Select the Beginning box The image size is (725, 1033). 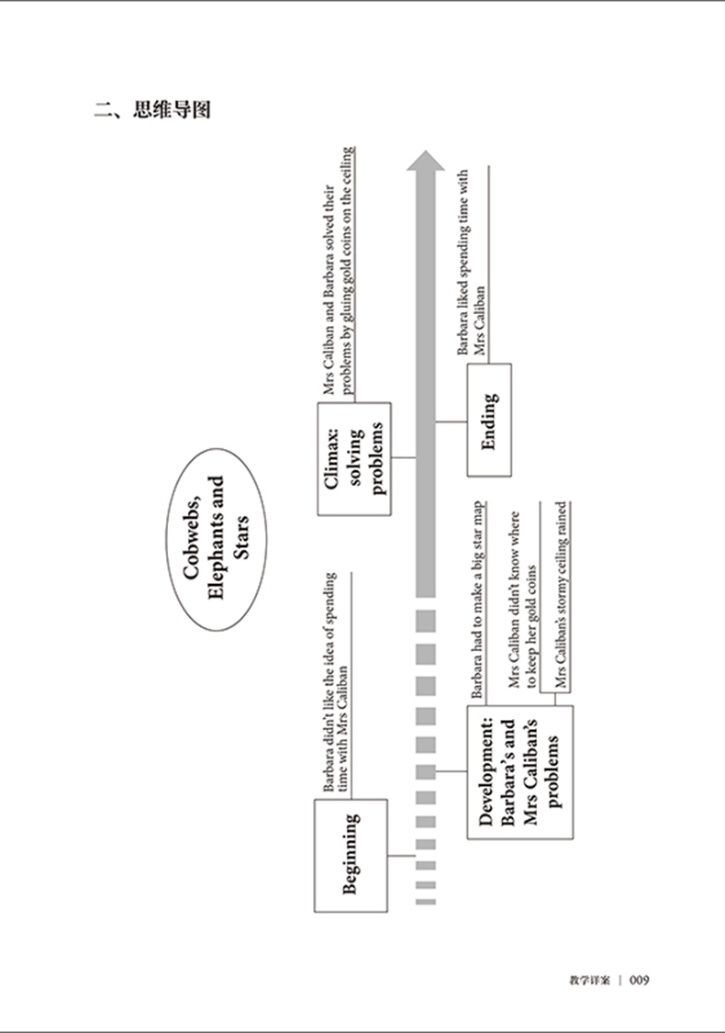(x=350, y=855)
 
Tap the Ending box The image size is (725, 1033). (x=489, y=421)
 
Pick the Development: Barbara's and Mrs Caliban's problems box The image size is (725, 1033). (x=520, y=771)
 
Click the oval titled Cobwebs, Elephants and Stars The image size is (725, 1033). (x=215, y=539)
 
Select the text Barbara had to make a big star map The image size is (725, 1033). (x=478, y=601)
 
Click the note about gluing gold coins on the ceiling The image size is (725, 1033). (x=339, y=271)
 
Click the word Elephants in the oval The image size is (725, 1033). (x=217, y=539)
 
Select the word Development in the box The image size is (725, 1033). (x=487, y=771)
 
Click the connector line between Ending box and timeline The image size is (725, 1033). (x=451, y=421)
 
